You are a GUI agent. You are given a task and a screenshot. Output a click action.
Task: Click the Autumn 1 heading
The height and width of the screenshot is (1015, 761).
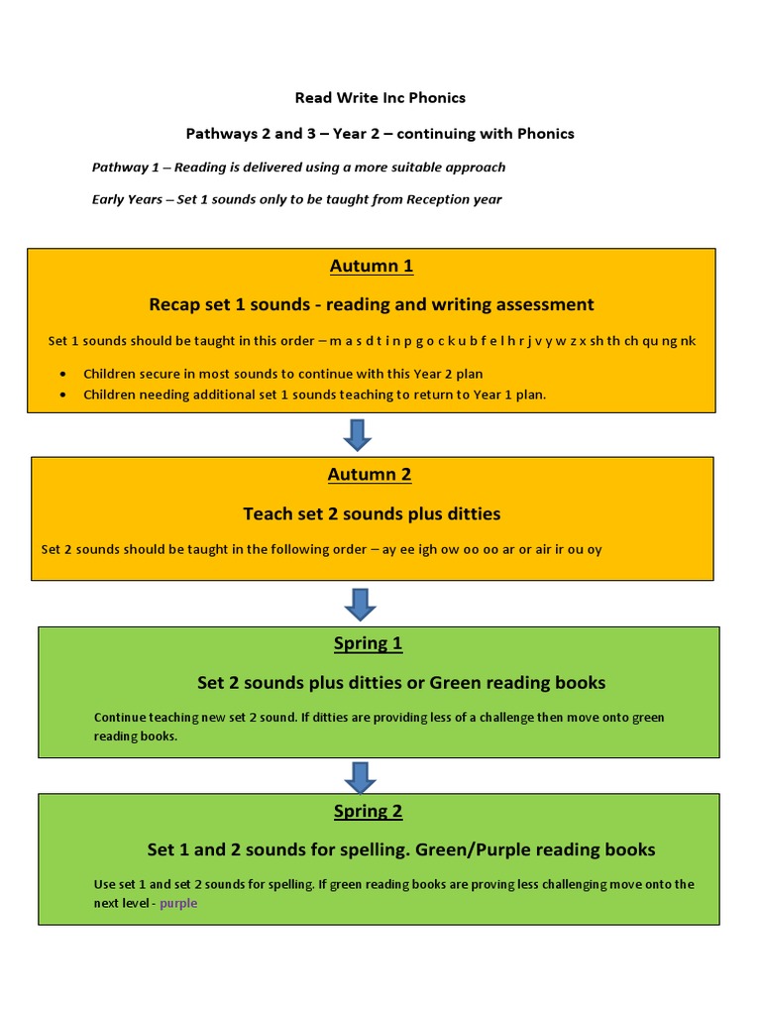(371, 266)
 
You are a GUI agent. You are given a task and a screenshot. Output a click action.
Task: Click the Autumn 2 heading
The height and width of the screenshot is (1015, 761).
(369, 474)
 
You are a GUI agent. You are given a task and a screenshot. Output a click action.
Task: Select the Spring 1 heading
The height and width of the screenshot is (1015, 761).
(368, 643)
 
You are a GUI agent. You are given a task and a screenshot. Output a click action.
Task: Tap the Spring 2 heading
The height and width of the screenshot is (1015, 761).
(368, 811)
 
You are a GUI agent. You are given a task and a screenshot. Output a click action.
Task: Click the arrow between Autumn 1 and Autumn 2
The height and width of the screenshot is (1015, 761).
(357, 434)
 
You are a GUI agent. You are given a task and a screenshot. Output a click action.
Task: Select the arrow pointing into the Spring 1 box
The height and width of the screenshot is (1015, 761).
(359, 604)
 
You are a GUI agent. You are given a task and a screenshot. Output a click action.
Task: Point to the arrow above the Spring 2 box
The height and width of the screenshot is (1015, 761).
(359, 776)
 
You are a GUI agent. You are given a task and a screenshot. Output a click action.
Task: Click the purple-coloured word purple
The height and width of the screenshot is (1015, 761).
(178, 903)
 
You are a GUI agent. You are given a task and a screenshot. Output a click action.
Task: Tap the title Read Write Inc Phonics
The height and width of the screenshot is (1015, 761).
(380, 97)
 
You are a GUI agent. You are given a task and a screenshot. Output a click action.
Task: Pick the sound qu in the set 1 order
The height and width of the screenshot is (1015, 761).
(649, 341)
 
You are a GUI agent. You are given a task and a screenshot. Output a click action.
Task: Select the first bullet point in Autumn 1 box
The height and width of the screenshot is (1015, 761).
(64, 374)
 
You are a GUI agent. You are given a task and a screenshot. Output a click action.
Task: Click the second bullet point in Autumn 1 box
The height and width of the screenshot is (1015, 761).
(64, 394)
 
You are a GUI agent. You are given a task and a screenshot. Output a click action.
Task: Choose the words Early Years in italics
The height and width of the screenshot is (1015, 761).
(127, 199)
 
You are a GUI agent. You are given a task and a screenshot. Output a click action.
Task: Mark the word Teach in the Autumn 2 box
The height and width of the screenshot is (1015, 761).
(268, 513)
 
